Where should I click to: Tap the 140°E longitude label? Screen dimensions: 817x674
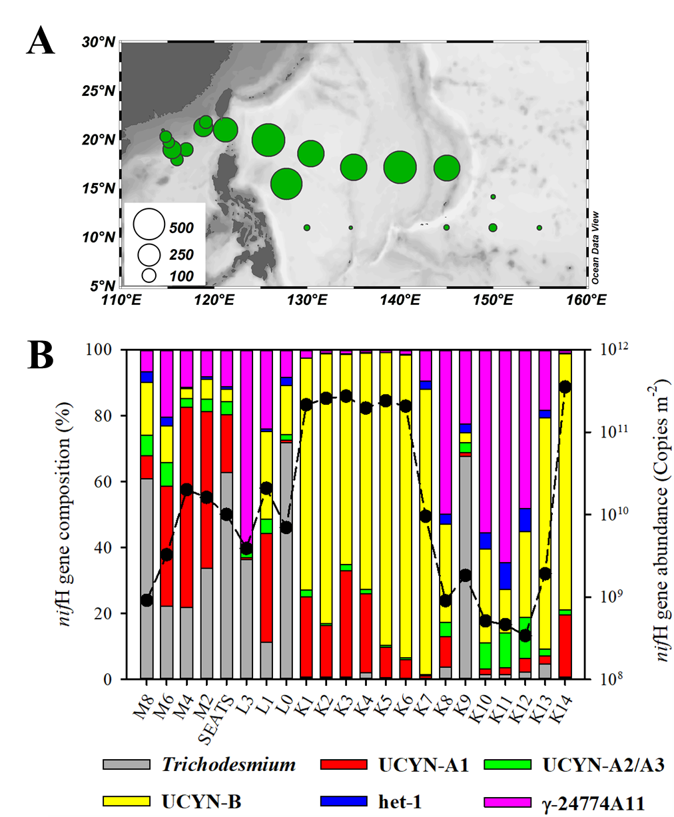(400, 300)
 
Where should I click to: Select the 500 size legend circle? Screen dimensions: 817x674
(149, 224)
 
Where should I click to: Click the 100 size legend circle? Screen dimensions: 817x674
(149, 274)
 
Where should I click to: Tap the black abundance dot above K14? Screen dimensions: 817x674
(565, 387)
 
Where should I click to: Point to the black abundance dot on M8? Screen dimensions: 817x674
(147, 600)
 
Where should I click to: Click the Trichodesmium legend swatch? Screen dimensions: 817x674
(126, 764)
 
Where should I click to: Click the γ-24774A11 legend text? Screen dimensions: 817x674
(593, 802)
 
